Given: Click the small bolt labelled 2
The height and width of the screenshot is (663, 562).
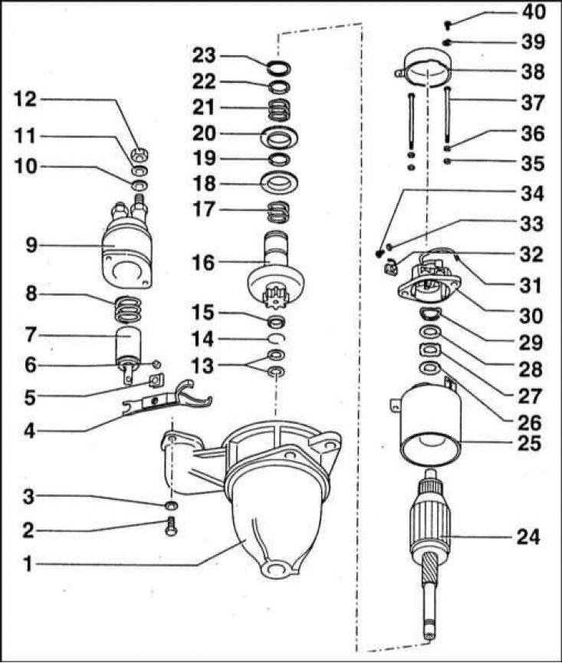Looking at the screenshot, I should (x=171, y=527).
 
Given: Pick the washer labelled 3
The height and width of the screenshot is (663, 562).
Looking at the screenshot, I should (x=171, y=505).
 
